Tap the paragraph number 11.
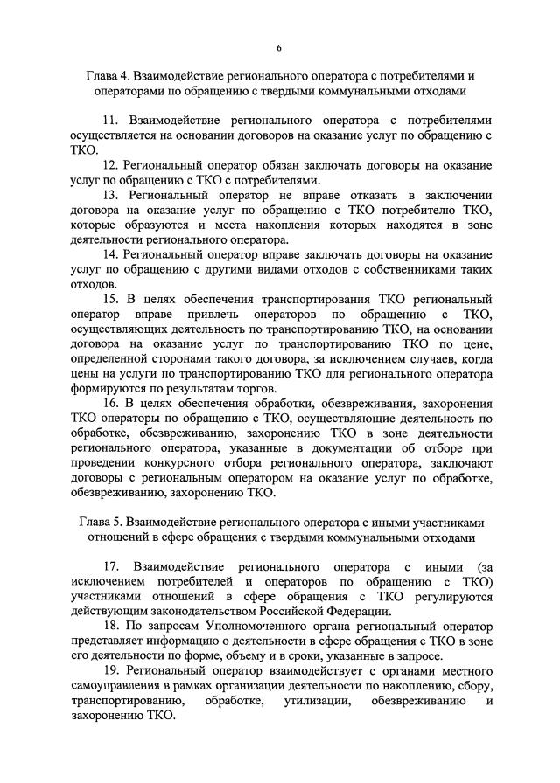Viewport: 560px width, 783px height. (x=111, y=120)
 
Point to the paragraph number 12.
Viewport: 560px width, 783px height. (x=110, y=164)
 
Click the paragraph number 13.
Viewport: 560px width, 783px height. (x=111, y=194)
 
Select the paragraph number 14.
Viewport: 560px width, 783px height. (x=110, y=254)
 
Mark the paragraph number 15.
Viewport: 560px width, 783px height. (x=111, y=299)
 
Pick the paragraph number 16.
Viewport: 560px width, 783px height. (x=110, y=404)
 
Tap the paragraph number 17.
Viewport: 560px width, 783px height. (x=111, y=567)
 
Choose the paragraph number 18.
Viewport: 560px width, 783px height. (x=110, y=627)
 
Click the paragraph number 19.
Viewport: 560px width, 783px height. (x=110, y=672)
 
